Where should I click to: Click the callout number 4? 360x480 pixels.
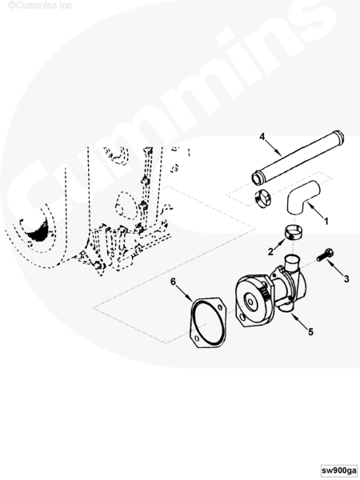262,137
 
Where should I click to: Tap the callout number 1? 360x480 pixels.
326,221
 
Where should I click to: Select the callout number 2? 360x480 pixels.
270,252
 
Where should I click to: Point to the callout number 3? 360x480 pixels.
346,278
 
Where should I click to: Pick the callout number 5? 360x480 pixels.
310,331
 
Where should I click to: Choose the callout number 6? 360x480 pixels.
174,282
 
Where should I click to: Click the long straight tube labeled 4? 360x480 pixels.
298,158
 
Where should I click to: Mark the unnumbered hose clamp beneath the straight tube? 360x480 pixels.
262,199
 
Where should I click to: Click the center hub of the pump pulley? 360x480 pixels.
250,302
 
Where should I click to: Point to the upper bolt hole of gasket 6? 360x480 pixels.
220,306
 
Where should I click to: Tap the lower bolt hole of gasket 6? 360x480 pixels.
197,338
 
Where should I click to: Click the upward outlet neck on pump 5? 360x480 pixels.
292,262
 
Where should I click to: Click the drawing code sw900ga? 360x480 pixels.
339,470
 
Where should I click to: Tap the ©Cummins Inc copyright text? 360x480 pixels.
40,6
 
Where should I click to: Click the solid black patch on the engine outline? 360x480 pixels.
39,230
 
